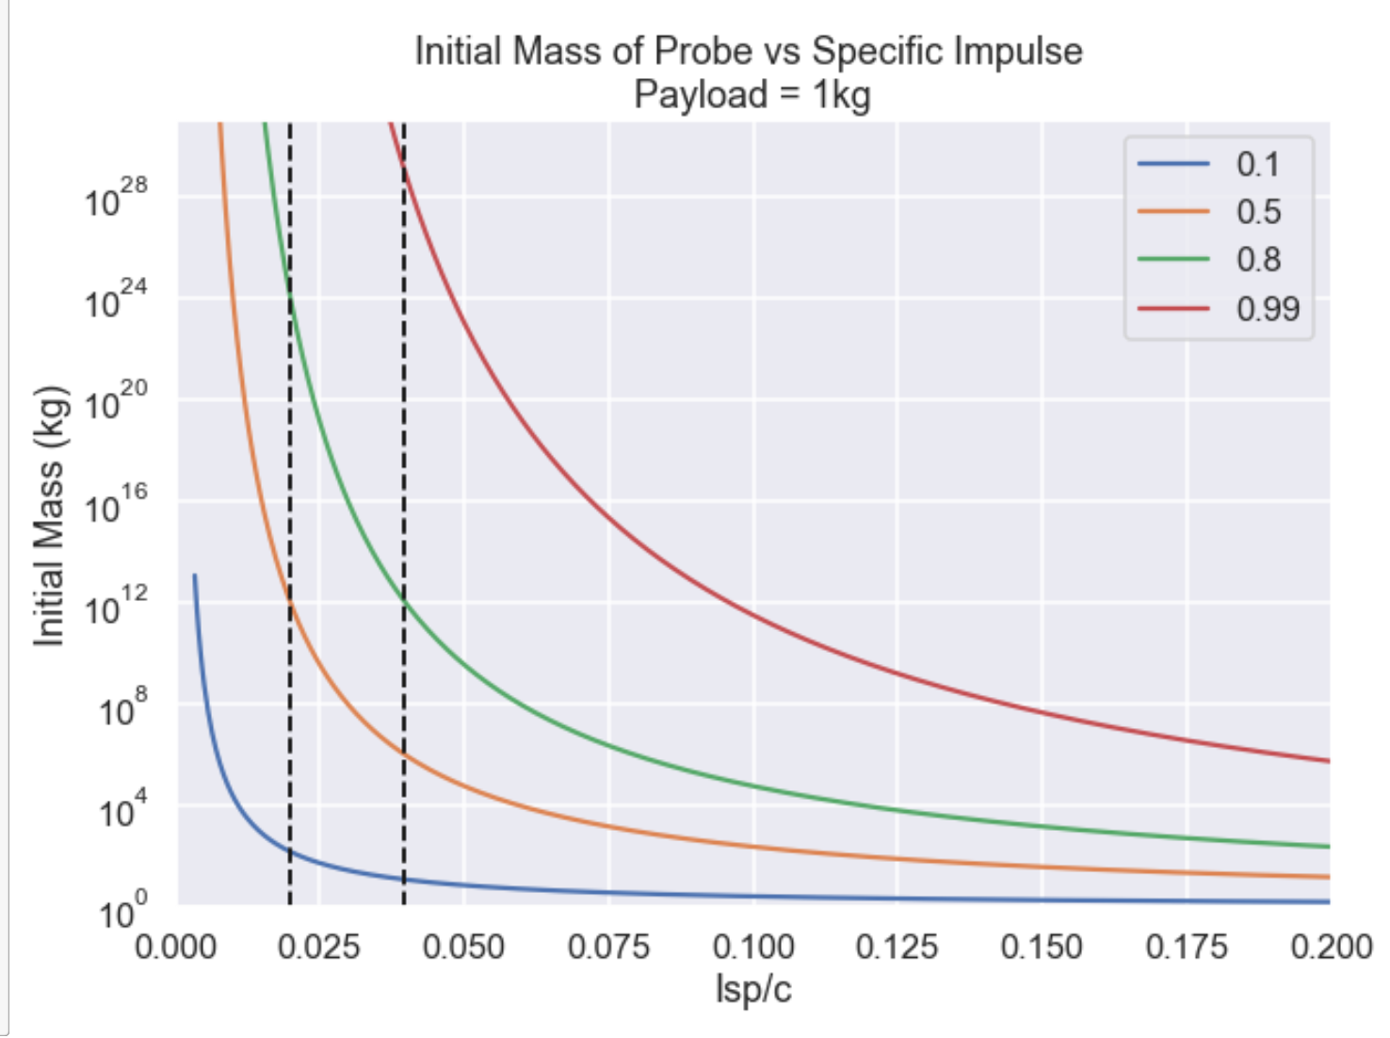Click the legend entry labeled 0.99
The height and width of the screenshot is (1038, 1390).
click(1267, 308)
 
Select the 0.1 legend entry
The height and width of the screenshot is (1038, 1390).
click(1257, 164)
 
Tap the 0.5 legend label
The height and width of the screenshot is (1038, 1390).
click(1258, 212)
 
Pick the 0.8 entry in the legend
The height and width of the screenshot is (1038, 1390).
click(1258, 259)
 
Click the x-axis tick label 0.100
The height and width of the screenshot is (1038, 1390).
click(752, 946)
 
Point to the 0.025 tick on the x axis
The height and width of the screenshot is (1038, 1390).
click(318, 946)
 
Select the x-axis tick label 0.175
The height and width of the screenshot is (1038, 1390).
click(1186, 946)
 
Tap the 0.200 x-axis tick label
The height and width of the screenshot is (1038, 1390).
click(1330, 946)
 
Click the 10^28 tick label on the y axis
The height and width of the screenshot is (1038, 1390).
click(116, 198)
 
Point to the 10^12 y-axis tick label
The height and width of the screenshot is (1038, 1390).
click(116, 606)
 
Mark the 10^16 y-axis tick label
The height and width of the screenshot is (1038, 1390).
click(116, 504)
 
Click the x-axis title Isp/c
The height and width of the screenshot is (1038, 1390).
click(752, 989)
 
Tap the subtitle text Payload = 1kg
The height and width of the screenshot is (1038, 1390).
click(752, 94)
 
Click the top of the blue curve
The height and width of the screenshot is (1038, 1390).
click(195, 576)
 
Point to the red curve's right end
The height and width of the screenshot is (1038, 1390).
click(1328, 760)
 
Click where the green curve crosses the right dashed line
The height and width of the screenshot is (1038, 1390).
click(404, 600)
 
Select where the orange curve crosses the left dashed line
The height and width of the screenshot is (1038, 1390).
click(289, 600)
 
